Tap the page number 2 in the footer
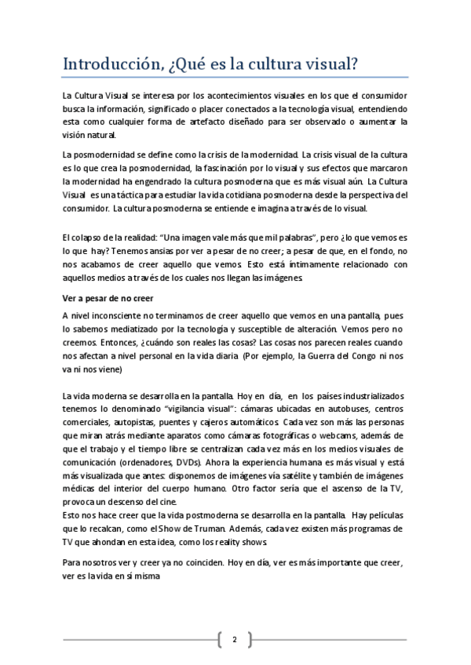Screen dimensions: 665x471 (x=234, y=641)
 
